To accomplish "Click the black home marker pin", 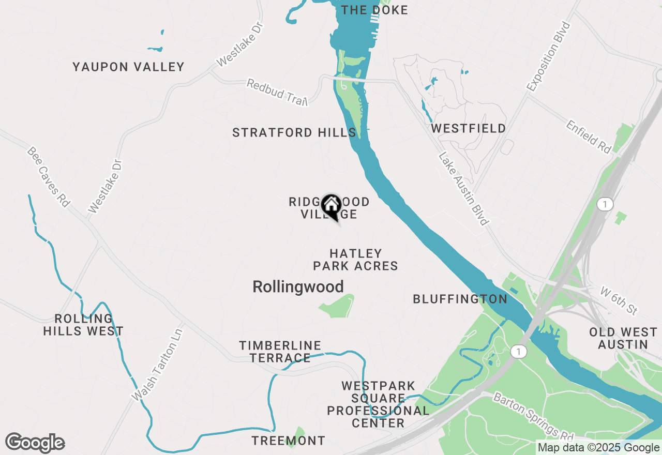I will [x=331, y=206].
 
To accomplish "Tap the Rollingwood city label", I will [x=298, y=287].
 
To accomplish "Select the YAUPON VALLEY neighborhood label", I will [x=128, y=67].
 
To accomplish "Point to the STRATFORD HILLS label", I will [x=294, y=133].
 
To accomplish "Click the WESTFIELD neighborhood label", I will [x=469, y=128].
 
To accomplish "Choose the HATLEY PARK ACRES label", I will [x=355, y=260].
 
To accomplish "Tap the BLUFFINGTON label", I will [x=460, y=299].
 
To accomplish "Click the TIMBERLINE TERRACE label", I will [x=280, y=352].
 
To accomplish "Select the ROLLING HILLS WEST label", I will [x=83, y=325].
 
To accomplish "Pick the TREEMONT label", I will [x=289, y=441].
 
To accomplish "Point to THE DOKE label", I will [x=374, y=10].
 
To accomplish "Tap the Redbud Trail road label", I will [x=277, y=92].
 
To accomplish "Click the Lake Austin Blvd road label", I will [x=463, y=189].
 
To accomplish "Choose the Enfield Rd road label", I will [x=589, y=136].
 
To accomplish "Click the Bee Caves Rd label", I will [x=48, y=177].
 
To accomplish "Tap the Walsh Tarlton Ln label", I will [x=158, y=364].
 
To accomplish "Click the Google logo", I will [x=35, y=443].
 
